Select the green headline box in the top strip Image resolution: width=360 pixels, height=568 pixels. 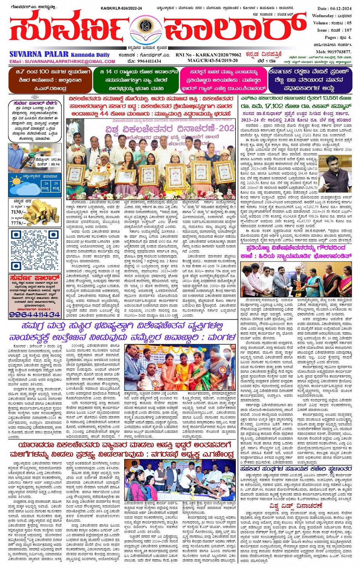(136, 80)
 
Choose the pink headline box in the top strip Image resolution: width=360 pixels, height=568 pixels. (222, 80)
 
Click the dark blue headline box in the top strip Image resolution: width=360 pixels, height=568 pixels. (309, 80)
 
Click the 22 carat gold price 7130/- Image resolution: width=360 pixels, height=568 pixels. (18, 212)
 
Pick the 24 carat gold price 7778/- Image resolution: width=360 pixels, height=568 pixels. (18, 223)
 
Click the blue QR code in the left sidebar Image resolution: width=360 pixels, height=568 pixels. (35, 250)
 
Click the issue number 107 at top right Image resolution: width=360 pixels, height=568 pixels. (347, 30)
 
